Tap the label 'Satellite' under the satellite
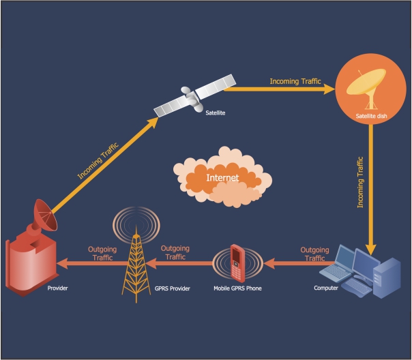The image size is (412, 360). click(x=216, y=112)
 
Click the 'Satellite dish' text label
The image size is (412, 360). click(x=371, y=117)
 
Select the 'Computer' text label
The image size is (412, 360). click(x=325, y=288)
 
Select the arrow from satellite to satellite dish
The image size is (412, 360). click(x=280, y=88)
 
